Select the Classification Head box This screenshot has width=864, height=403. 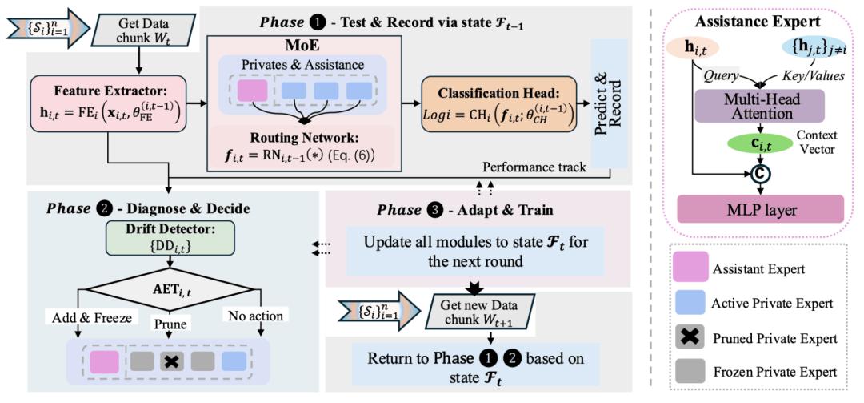tap(498, 104)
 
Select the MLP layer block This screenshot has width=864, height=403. tap(761, 208)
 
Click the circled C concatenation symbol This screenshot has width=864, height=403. tap(762, 175)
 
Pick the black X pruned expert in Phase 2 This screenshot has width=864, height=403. tap(172, 361)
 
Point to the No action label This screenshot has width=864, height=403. tap(254, 316)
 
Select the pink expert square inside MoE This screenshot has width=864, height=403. tap(252, 90)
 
